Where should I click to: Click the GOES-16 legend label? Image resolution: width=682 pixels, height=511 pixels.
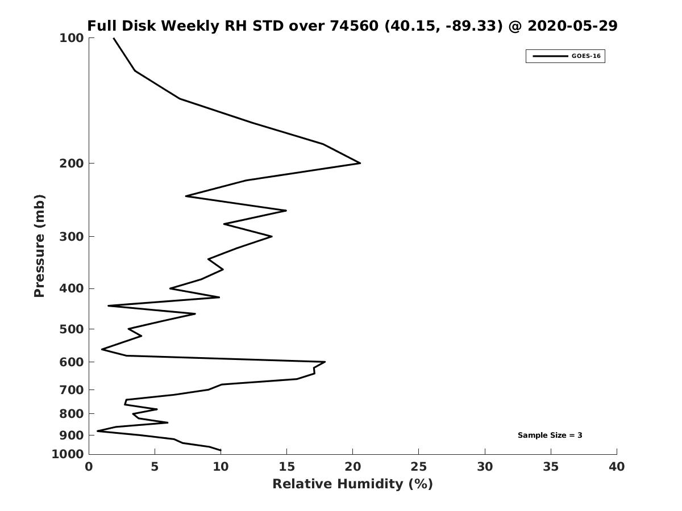click(586, 56)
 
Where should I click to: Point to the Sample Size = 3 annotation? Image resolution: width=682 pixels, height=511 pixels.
click(550, 435)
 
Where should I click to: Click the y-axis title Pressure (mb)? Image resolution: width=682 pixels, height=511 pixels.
click(39, 246)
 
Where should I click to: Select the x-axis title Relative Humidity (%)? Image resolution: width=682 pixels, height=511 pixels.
click(352, 484)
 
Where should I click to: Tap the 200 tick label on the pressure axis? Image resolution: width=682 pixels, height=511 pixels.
click(72, 163)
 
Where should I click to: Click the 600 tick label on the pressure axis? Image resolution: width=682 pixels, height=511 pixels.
click(72, 362)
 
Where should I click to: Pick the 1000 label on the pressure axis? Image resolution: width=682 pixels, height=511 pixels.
click(68, 454)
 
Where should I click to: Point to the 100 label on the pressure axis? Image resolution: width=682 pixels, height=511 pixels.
click(72, 38)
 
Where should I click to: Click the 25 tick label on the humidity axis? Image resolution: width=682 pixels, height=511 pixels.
click(418, 467)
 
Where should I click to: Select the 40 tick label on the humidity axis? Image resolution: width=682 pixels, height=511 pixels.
click(617, 467)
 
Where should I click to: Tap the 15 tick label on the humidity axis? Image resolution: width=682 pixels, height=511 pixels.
click(286, 467)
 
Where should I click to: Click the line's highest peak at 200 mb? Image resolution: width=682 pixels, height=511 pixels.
click(360, 163)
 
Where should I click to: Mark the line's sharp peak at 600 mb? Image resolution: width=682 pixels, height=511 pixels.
click(325, 362)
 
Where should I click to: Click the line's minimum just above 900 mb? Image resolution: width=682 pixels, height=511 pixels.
click(98, 430)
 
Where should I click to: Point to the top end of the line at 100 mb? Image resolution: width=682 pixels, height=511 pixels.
click(114, 38)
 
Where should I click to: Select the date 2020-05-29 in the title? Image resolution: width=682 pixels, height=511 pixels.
click(572, 26)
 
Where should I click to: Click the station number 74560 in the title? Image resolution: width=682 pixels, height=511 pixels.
click(354, 26)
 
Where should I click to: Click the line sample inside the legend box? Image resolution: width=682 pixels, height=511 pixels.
click(550, 56)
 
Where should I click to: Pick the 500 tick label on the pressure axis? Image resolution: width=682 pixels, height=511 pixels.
click(72, 329)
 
